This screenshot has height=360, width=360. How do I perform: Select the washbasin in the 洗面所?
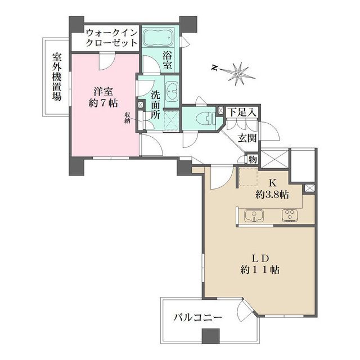click(x=171, y=92)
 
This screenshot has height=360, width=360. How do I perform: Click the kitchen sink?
click(x=254, y=215)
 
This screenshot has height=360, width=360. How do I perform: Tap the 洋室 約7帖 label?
click(x=103, y=97)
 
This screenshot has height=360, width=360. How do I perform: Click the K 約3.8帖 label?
click(x=272, y=189)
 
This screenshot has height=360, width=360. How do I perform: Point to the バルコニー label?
click(x=198, y=318)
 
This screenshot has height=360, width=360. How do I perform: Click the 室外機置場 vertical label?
click(x=57, y=76)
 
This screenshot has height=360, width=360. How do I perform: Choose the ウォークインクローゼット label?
click(x=111, y=38)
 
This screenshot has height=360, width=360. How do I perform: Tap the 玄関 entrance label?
click(x=247, y=138)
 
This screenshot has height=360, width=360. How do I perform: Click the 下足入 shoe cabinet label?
click(x=242, y=112)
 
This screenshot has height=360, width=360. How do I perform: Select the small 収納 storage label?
click(x=128, y=118)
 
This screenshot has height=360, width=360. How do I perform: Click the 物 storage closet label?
click(x=253, y=159)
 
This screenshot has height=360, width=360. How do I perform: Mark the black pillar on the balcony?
click(x=211, y=336)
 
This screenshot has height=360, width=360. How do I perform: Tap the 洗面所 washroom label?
click(x=155, y=105)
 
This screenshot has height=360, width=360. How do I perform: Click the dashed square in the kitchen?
click(x=247, y=176)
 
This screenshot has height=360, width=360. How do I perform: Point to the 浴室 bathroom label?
click(x=168, y=60)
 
